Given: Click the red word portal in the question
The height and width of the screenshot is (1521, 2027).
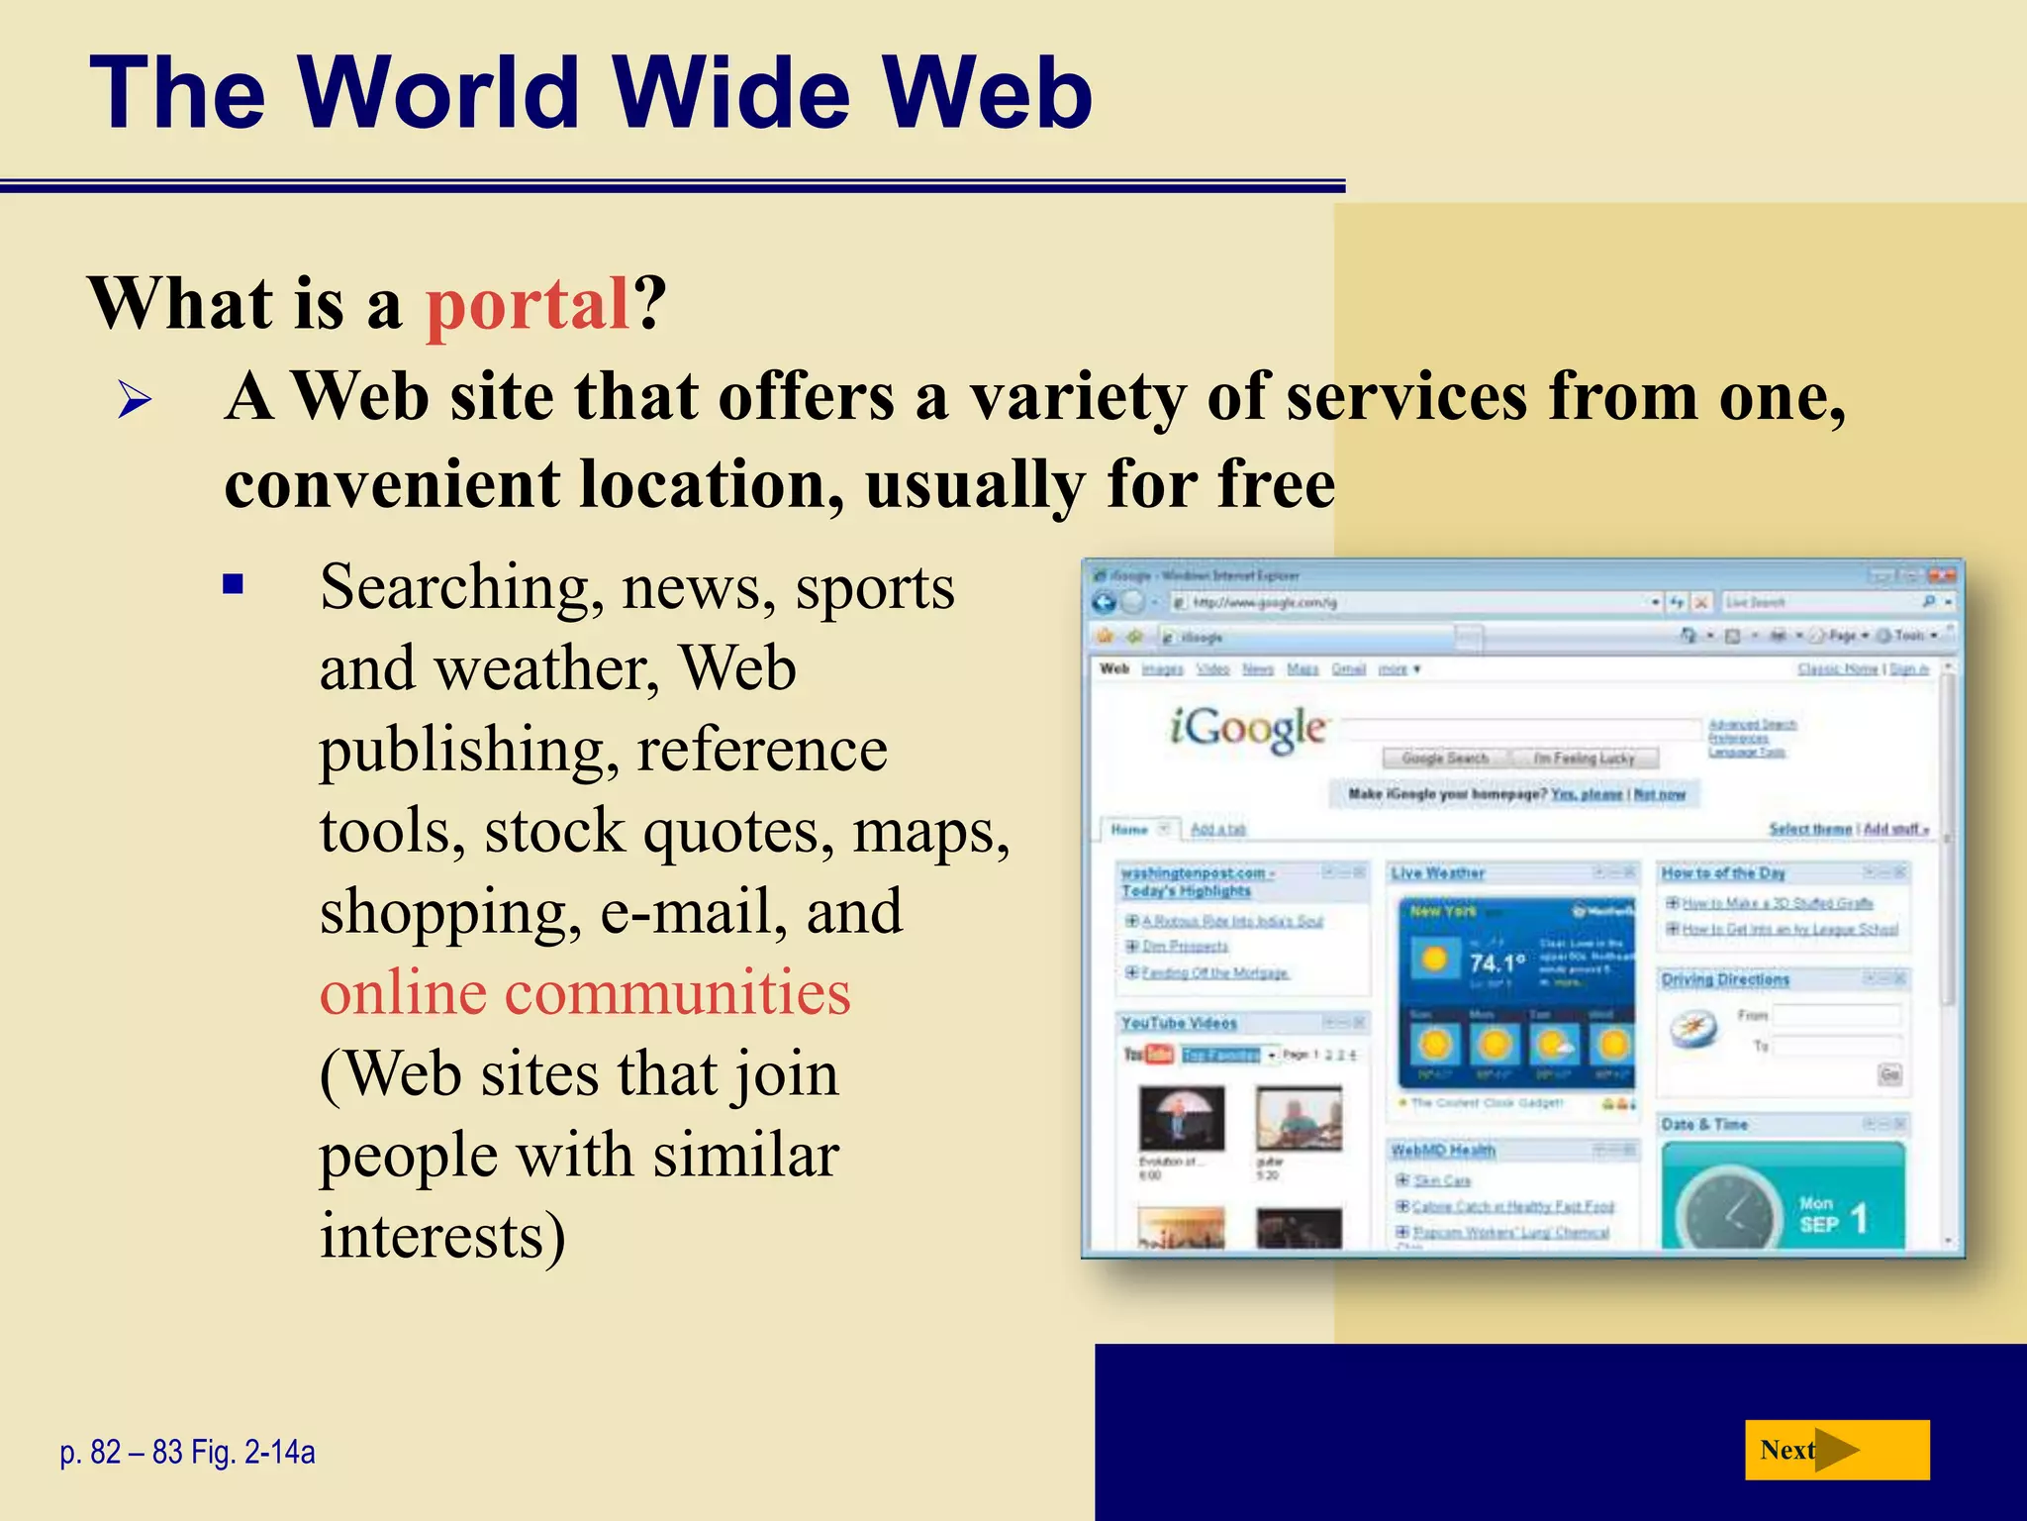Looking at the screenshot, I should coord(527,304).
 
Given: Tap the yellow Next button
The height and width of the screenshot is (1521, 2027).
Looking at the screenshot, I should coord(1836,1450).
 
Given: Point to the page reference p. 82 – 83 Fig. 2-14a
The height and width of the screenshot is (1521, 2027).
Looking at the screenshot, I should coord(188,1453).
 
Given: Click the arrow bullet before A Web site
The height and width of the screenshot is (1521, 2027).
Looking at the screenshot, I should coord(136,401).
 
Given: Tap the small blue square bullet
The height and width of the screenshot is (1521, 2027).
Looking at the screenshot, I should coord(234,584).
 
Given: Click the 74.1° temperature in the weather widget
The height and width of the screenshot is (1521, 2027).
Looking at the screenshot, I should coord(1496,963).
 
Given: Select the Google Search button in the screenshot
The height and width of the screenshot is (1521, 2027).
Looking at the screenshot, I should coord(1445,759).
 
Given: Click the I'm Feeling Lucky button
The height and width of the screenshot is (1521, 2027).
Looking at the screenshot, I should coord(1584,759).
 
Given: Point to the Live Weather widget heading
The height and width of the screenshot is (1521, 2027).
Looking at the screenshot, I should coord(1437,873).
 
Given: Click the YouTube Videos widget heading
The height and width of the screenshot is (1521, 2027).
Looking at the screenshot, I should coord(1179,1023).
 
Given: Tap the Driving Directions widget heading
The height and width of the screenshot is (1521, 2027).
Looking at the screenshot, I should coord(1725,979).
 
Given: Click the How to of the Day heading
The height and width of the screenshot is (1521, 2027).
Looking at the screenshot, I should coord(1722,873).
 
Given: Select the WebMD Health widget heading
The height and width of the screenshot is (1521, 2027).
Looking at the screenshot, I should coord(1443,1151).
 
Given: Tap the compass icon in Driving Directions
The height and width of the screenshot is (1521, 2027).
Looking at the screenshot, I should coord(1693,1030).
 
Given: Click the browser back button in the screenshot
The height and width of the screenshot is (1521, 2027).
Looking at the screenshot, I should coord(1104,602).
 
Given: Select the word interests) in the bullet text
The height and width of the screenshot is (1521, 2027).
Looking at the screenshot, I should coord(442,1236).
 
